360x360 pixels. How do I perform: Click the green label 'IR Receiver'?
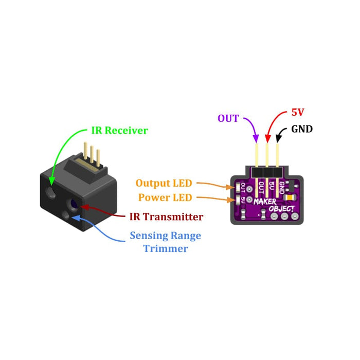[119, 131]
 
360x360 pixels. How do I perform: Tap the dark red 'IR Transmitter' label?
[166, 217]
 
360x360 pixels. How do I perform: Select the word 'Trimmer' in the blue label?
[166, 249]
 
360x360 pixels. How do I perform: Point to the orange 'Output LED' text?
[164, 183]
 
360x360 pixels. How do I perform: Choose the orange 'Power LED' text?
[165, 197]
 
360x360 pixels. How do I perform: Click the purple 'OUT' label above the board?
[228, 119]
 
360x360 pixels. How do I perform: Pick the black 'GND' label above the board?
[302, 129]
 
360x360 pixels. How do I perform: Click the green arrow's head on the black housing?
[52, 182]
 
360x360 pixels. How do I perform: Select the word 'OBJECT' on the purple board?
[282, 209]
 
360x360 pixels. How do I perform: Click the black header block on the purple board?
[267, 172]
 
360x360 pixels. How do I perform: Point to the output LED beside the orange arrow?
[239, 188]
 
